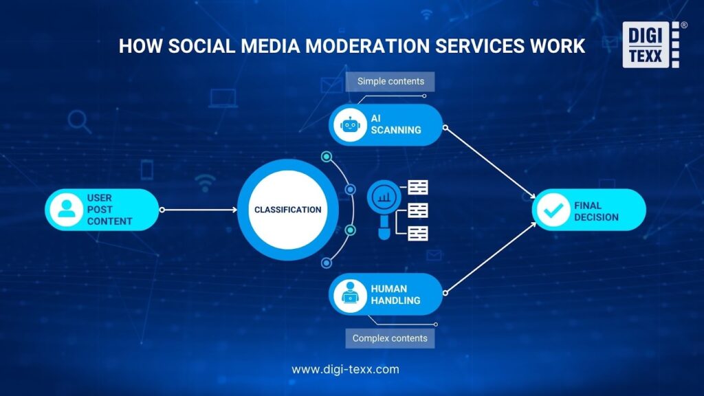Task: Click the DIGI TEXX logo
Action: click(x=650, y=45)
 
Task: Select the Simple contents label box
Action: click(x=390, y=81)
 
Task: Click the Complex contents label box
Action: click(x=390, y=338)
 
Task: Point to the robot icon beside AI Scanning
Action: click(x=350, y=125)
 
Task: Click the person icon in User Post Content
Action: click(x=67, y=210)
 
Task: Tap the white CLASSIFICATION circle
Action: click(x=288, y=210)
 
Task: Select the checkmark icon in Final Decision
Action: click(x=553, y=210)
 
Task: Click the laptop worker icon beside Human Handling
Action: click(x=350, y=294)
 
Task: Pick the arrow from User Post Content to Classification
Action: click(x=199, y=210)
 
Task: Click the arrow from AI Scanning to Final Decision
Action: click(x=490, y=162)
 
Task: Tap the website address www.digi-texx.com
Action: click(x=345, y=369)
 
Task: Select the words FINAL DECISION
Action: click(x=596, y=211)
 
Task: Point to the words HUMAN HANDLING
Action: click(x=395, y=294)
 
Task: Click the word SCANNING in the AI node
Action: click(x=396, y=130)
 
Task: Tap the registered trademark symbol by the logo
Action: click(x=684, y=25)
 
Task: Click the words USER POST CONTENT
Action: click(x=109, y=210)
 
